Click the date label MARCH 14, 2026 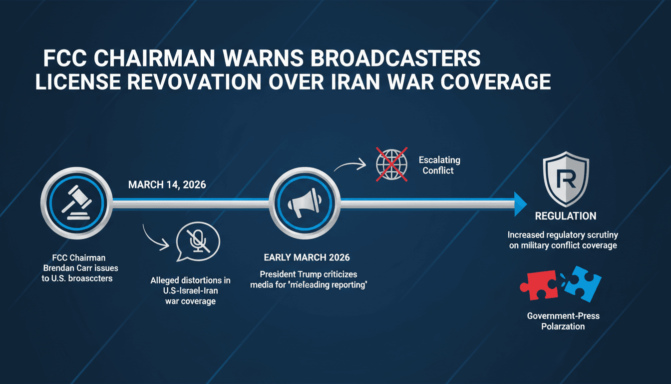coord(167,184)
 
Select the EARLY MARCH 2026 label coord(307,258)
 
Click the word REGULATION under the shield coord(565,216)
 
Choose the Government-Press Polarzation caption coord(563,321)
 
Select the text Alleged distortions coord(190,281)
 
